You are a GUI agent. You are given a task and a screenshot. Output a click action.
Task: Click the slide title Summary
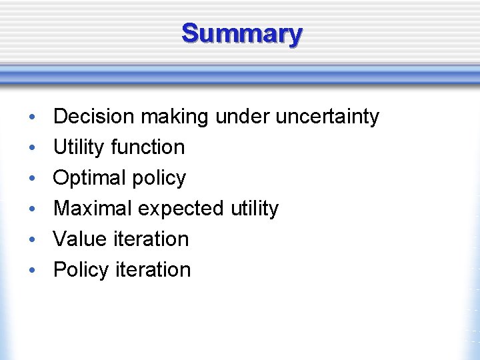click(241, 33)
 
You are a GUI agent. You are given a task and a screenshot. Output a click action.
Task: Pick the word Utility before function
click(76, 147)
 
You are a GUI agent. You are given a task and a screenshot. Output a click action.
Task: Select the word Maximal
click(93, 209)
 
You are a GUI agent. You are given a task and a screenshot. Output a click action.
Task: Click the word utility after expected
click(254, 209)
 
